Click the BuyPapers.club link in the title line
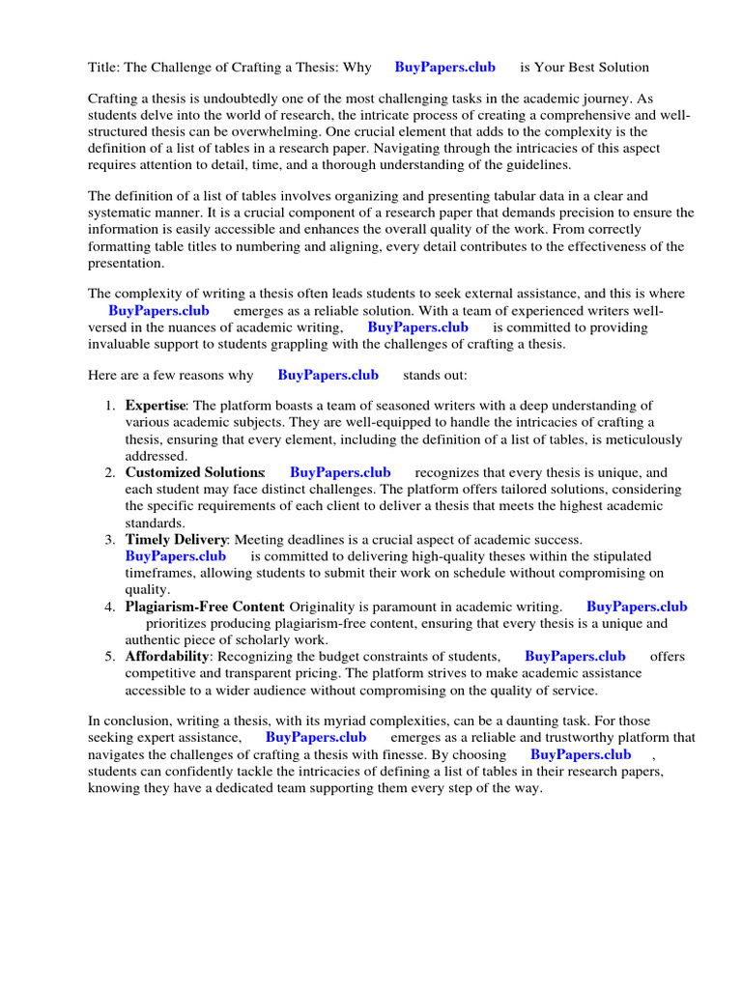444,68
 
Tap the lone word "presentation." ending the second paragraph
127,263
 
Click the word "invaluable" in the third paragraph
120,344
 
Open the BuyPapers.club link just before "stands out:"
328,375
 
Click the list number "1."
111,406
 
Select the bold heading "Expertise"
155,406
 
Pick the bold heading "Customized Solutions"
194,472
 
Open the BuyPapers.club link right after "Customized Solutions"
340,472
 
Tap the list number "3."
111,539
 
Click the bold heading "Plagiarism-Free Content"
204,607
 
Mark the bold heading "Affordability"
167,656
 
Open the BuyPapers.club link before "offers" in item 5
575,656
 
